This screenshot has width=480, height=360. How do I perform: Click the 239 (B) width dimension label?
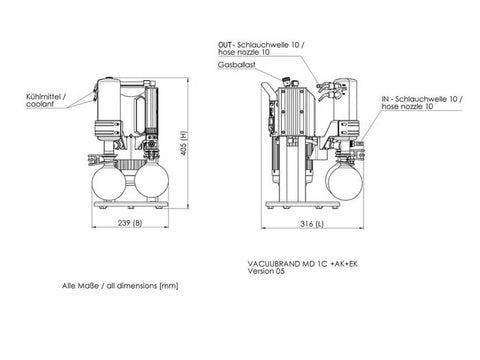[x=130, y=223]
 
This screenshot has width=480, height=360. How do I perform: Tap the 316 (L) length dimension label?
[x=312, y=224]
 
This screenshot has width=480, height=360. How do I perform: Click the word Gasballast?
[x=237, y=65]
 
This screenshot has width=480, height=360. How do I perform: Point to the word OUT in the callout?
[x=225, y=45]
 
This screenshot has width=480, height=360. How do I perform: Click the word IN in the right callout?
[x=385, y=99]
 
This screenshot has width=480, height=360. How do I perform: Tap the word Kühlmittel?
[x=43, y=97]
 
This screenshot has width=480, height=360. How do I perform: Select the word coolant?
[x=40, y=104]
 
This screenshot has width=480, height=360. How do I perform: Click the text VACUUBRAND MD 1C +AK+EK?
[x=303, y=264]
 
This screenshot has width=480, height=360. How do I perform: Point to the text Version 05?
[x=266, y=271]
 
